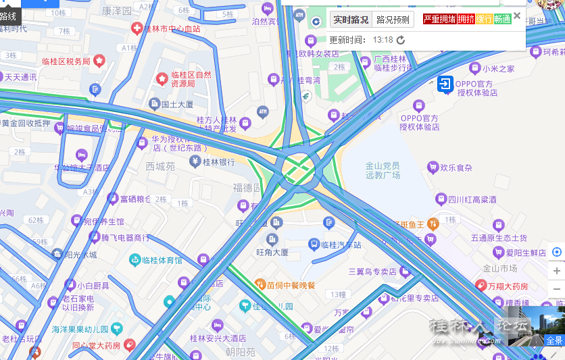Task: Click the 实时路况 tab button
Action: [351, 20]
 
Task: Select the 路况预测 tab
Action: [393, 20]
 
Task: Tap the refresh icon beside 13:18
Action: [401, 40]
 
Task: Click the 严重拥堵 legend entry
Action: [440, 19]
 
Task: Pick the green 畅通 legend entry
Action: [502, 19]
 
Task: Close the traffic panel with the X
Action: [517, 16]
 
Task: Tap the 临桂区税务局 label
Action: [66, 61]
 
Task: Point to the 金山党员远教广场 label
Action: [383, 170]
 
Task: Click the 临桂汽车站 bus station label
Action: [341, 245]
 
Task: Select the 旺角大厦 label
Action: [272, 252]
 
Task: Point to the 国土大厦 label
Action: [177, 105]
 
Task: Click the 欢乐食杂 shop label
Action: [456, 168]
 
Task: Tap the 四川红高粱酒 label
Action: [472, 199]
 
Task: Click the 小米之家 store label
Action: [498, 69]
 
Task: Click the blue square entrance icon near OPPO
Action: [445, 84]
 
